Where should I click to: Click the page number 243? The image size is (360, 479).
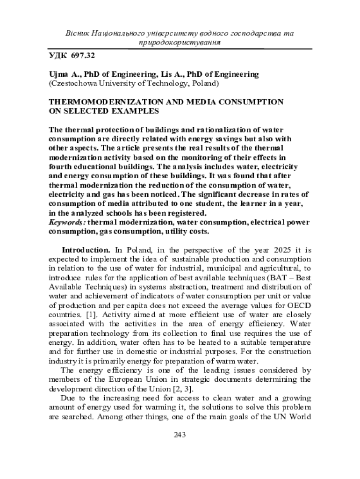(180, 435)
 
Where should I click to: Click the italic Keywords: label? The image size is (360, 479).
(67, 222)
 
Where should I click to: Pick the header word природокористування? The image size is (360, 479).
(180, 42)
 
